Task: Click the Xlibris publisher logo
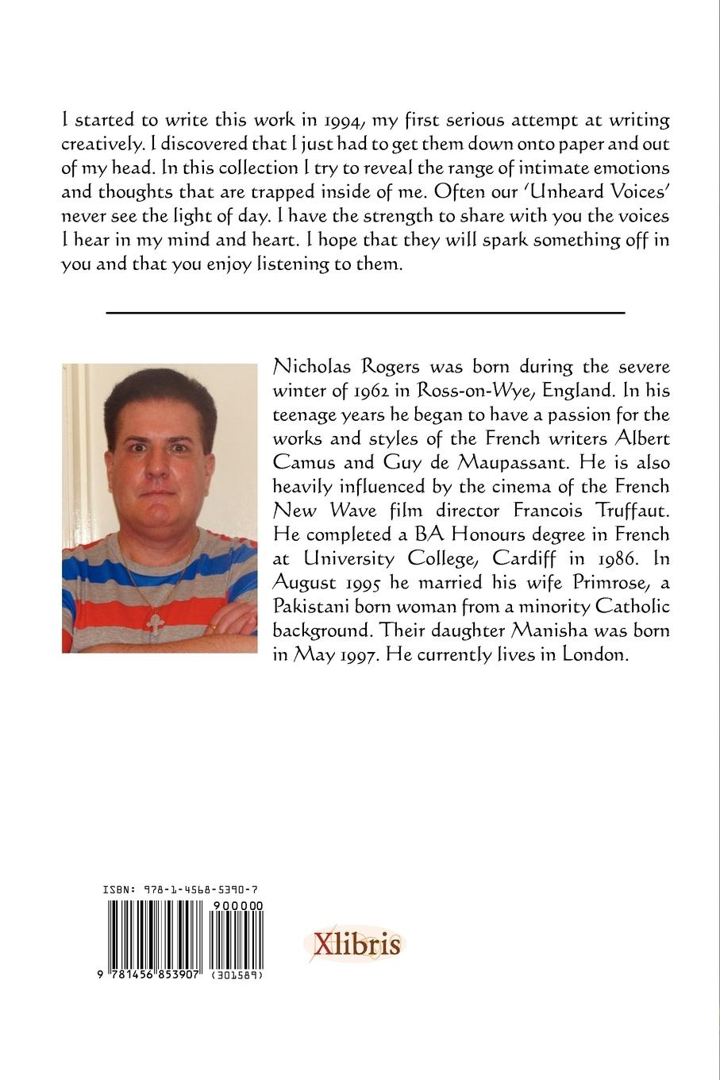click(355, 944)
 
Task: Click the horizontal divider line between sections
click(365, 312)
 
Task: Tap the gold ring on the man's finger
click(213, 627)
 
